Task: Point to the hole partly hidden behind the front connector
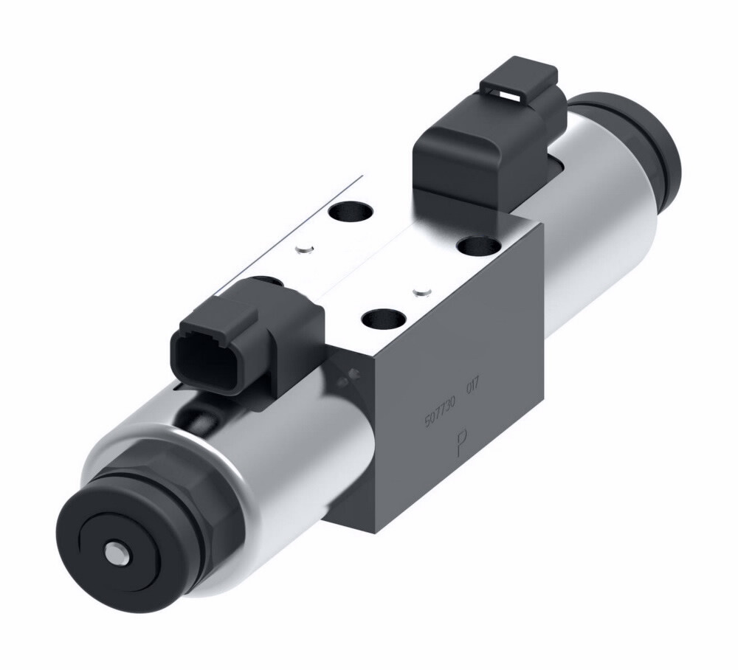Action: coord(272,281)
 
